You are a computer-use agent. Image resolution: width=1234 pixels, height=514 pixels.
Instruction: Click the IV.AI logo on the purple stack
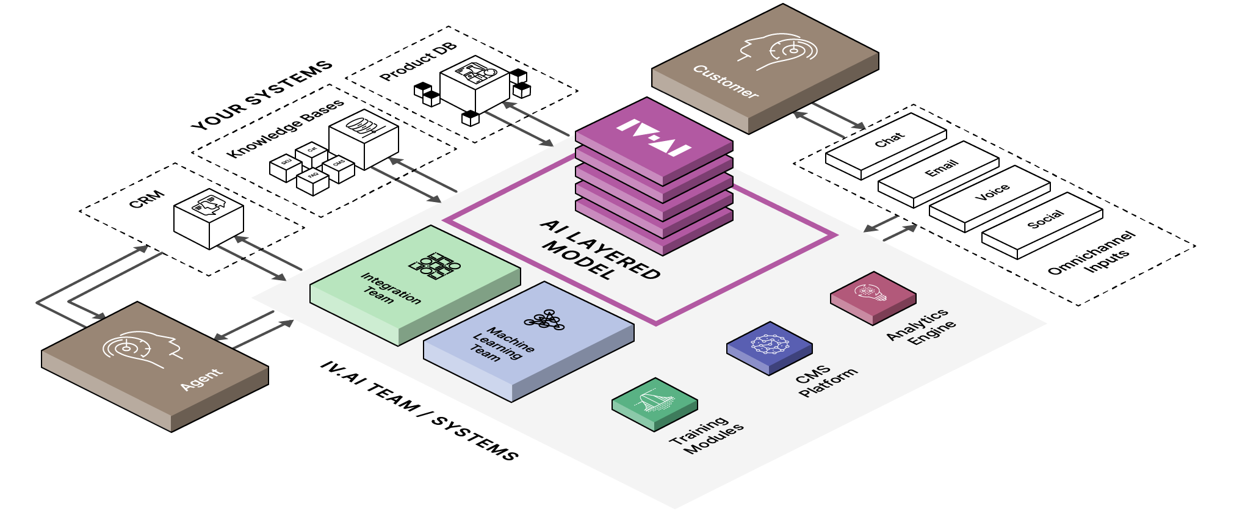point(654,138)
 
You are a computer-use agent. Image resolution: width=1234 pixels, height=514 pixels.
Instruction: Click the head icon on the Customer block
point(779,52)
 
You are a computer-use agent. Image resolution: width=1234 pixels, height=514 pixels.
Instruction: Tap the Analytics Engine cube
point(873,295)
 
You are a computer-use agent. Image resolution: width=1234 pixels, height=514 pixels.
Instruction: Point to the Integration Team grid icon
point(435,266)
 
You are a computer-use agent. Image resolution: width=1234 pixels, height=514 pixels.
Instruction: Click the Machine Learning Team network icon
point(544,320)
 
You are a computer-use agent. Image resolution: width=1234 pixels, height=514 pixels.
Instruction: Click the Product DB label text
point(417,62)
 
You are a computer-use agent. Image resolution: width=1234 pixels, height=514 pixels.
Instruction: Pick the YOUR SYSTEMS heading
point(262,95)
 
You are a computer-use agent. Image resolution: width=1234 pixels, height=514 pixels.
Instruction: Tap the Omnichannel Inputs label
point(1092,253)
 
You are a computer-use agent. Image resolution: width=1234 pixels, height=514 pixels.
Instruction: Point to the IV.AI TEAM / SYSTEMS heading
point(419,410)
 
